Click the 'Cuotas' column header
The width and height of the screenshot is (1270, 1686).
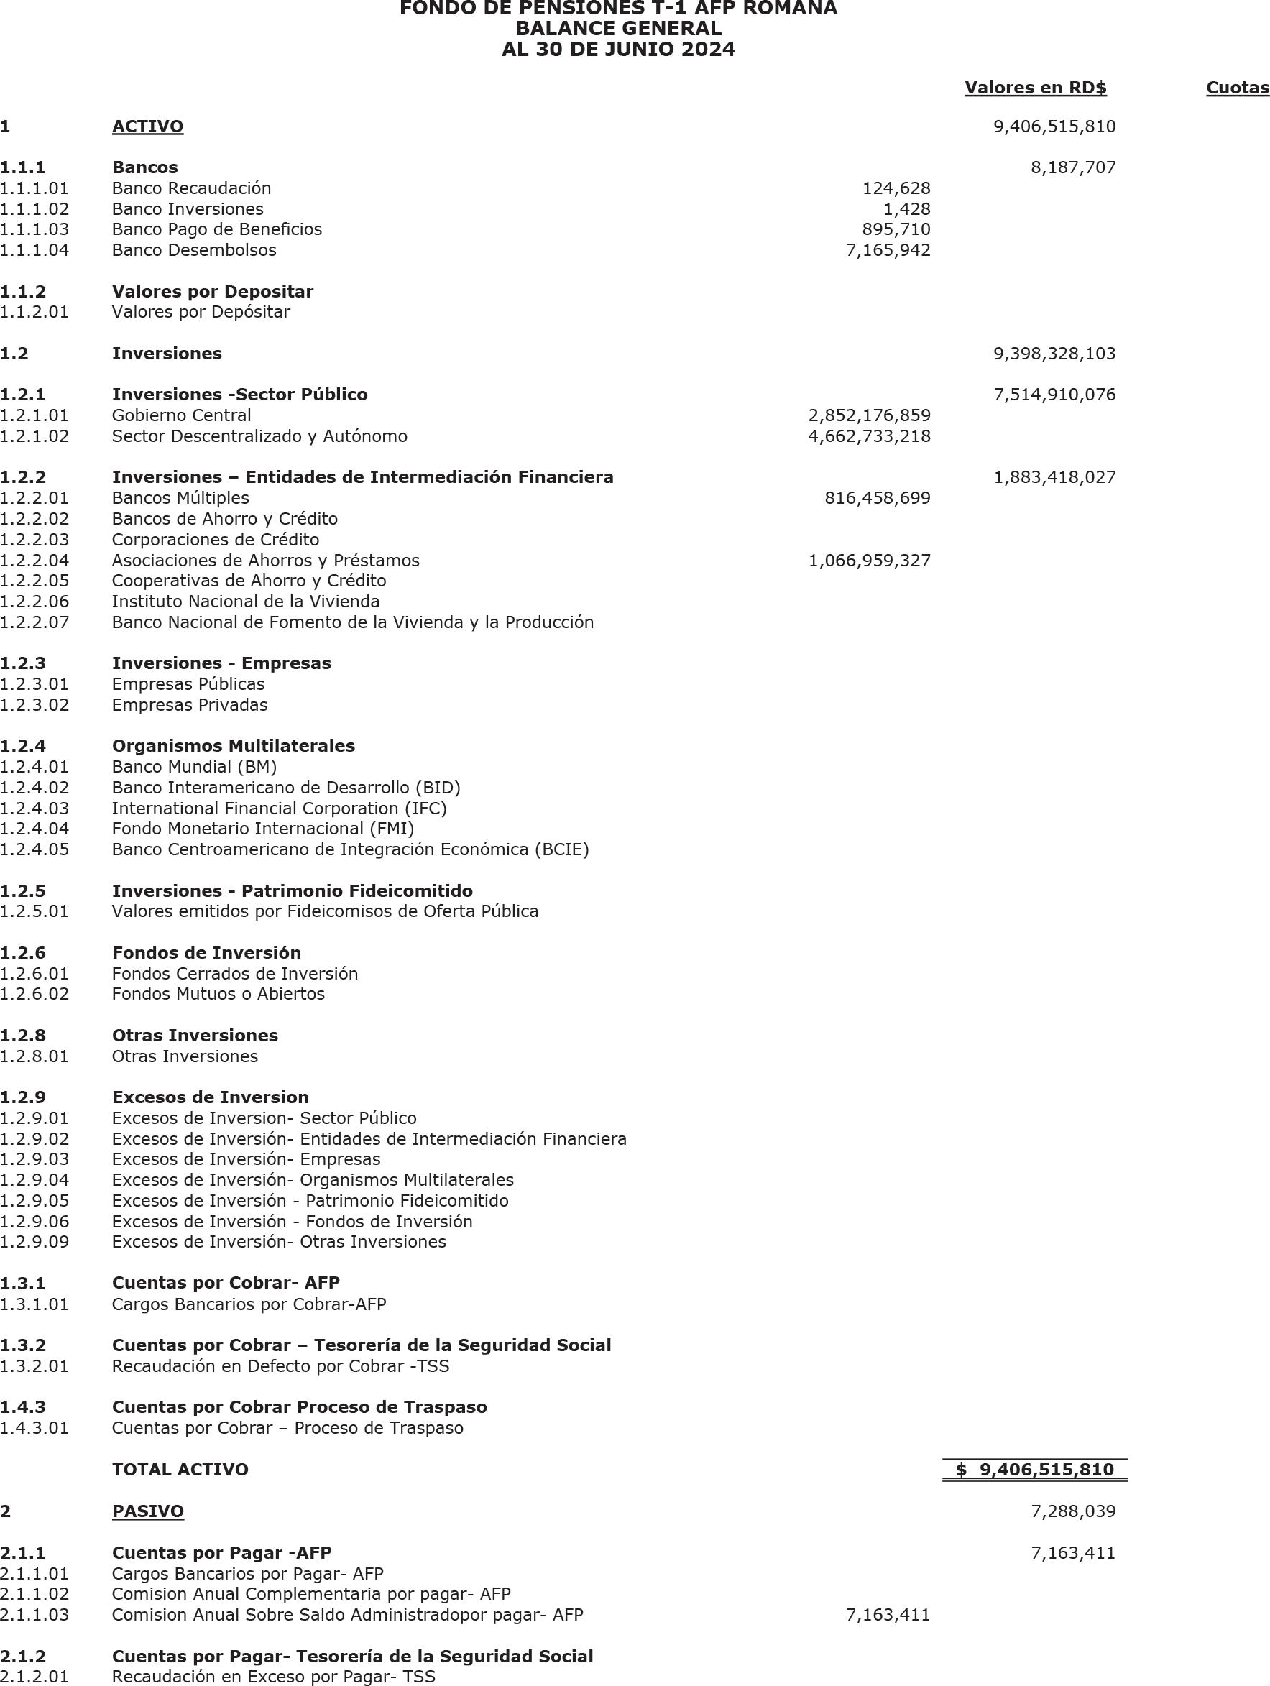click(x=1236, y=88)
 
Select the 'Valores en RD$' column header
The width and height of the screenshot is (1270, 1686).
click(x=1035, y=88)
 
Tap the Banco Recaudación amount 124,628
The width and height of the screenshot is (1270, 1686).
click(x=896, y=188)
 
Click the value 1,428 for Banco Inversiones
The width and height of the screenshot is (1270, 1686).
click(x=906, y=209)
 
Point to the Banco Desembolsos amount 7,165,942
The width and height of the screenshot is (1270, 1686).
click(x=888, y=250)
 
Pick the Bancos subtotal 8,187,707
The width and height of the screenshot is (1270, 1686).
click(x=1072, y=167)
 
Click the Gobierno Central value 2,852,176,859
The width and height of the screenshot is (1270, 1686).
click(x=869, y=415)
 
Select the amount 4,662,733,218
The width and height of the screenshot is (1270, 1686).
click(x=869, y=436)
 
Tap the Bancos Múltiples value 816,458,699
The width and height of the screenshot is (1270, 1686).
click(x=878, y=499)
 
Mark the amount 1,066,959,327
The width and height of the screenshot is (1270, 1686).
click(x=869, y=561)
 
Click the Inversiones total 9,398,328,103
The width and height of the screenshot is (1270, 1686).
click(x=1054, y=354)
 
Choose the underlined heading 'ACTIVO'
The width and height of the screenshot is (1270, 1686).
click(x=147, y=126)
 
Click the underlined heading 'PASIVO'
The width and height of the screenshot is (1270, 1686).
click(x=147, y=1511)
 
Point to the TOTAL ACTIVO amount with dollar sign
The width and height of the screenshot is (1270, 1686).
click(x=1034, y=1470)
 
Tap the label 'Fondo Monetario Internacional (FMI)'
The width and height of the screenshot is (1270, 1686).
click(x=263, y=829)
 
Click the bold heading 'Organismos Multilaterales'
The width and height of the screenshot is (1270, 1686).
click(x=234, y=746)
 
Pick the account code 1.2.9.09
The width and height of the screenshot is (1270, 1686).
click(x=34, y=1243)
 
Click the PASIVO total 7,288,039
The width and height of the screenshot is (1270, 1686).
click(x=1072, y=1511)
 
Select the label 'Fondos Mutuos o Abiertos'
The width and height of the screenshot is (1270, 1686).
click(x=218, y=994)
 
